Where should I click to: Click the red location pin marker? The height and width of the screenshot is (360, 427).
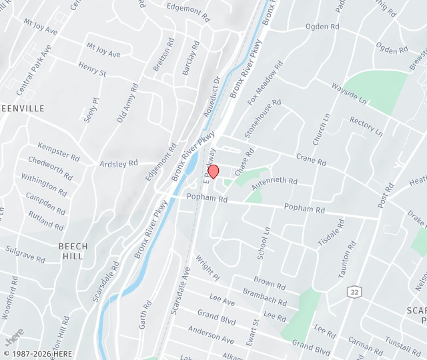213,171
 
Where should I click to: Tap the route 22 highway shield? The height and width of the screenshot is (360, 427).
353,291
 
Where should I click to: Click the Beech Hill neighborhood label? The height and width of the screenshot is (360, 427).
73,251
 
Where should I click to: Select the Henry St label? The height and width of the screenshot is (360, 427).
92,69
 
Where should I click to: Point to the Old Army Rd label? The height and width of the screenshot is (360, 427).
127,103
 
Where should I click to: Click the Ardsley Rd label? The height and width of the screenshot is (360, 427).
118,163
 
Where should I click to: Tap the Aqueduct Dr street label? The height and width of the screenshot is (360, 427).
211,97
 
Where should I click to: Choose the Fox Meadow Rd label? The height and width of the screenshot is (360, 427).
265,82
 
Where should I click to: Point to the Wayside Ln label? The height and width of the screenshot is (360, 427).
349,92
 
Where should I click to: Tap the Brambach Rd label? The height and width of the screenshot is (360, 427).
264,297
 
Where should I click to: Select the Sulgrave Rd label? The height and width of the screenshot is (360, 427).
25,253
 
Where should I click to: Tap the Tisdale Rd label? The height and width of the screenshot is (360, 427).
332,233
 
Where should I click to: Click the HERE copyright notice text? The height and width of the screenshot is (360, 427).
37,353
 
